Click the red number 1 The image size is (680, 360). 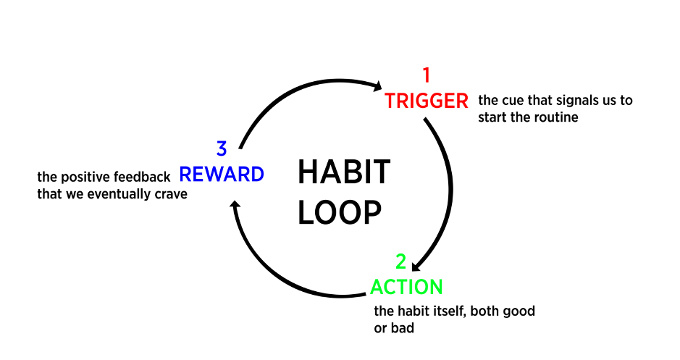426,75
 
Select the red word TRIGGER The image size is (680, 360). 427,101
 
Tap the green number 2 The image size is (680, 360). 400,261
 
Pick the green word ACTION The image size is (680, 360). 406,288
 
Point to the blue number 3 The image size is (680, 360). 222,148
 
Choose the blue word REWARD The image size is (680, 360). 221,175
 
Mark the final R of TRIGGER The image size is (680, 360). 462,101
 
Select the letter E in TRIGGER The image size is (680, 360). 450,101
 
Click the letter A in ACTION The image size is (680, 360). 376,288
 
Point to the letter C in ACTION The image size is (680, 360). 388,288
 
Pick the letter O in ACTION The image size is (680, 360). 421,288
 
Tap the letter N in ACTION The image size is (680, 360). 436,288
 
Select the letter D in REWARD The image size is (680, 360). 257,175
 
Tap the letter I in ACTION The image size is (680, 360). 409,288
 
